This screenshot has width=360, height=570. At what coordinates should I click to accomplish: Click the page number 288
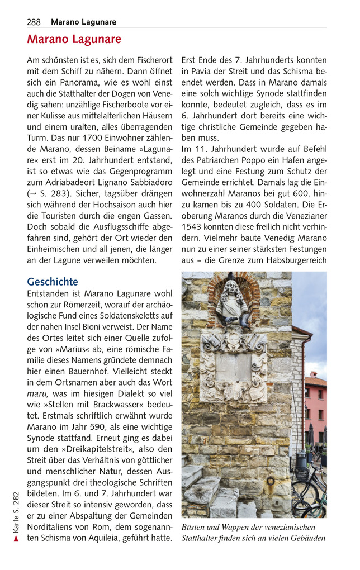pos(34,22)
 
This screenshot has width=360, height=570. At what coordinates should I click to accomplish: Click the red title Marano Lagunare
pos(74,40)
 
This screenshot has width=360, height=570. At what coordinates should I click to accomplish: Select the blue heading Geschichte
pos(53,282)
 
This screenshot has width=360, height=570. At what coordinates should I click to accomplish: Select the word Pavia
pos(200,72)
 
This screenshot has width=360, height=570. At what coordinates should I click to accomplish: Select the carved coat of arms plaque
pos(234,367)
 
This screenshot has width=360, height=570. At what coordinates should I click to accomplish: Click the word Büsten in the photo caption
pos(195,527)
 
